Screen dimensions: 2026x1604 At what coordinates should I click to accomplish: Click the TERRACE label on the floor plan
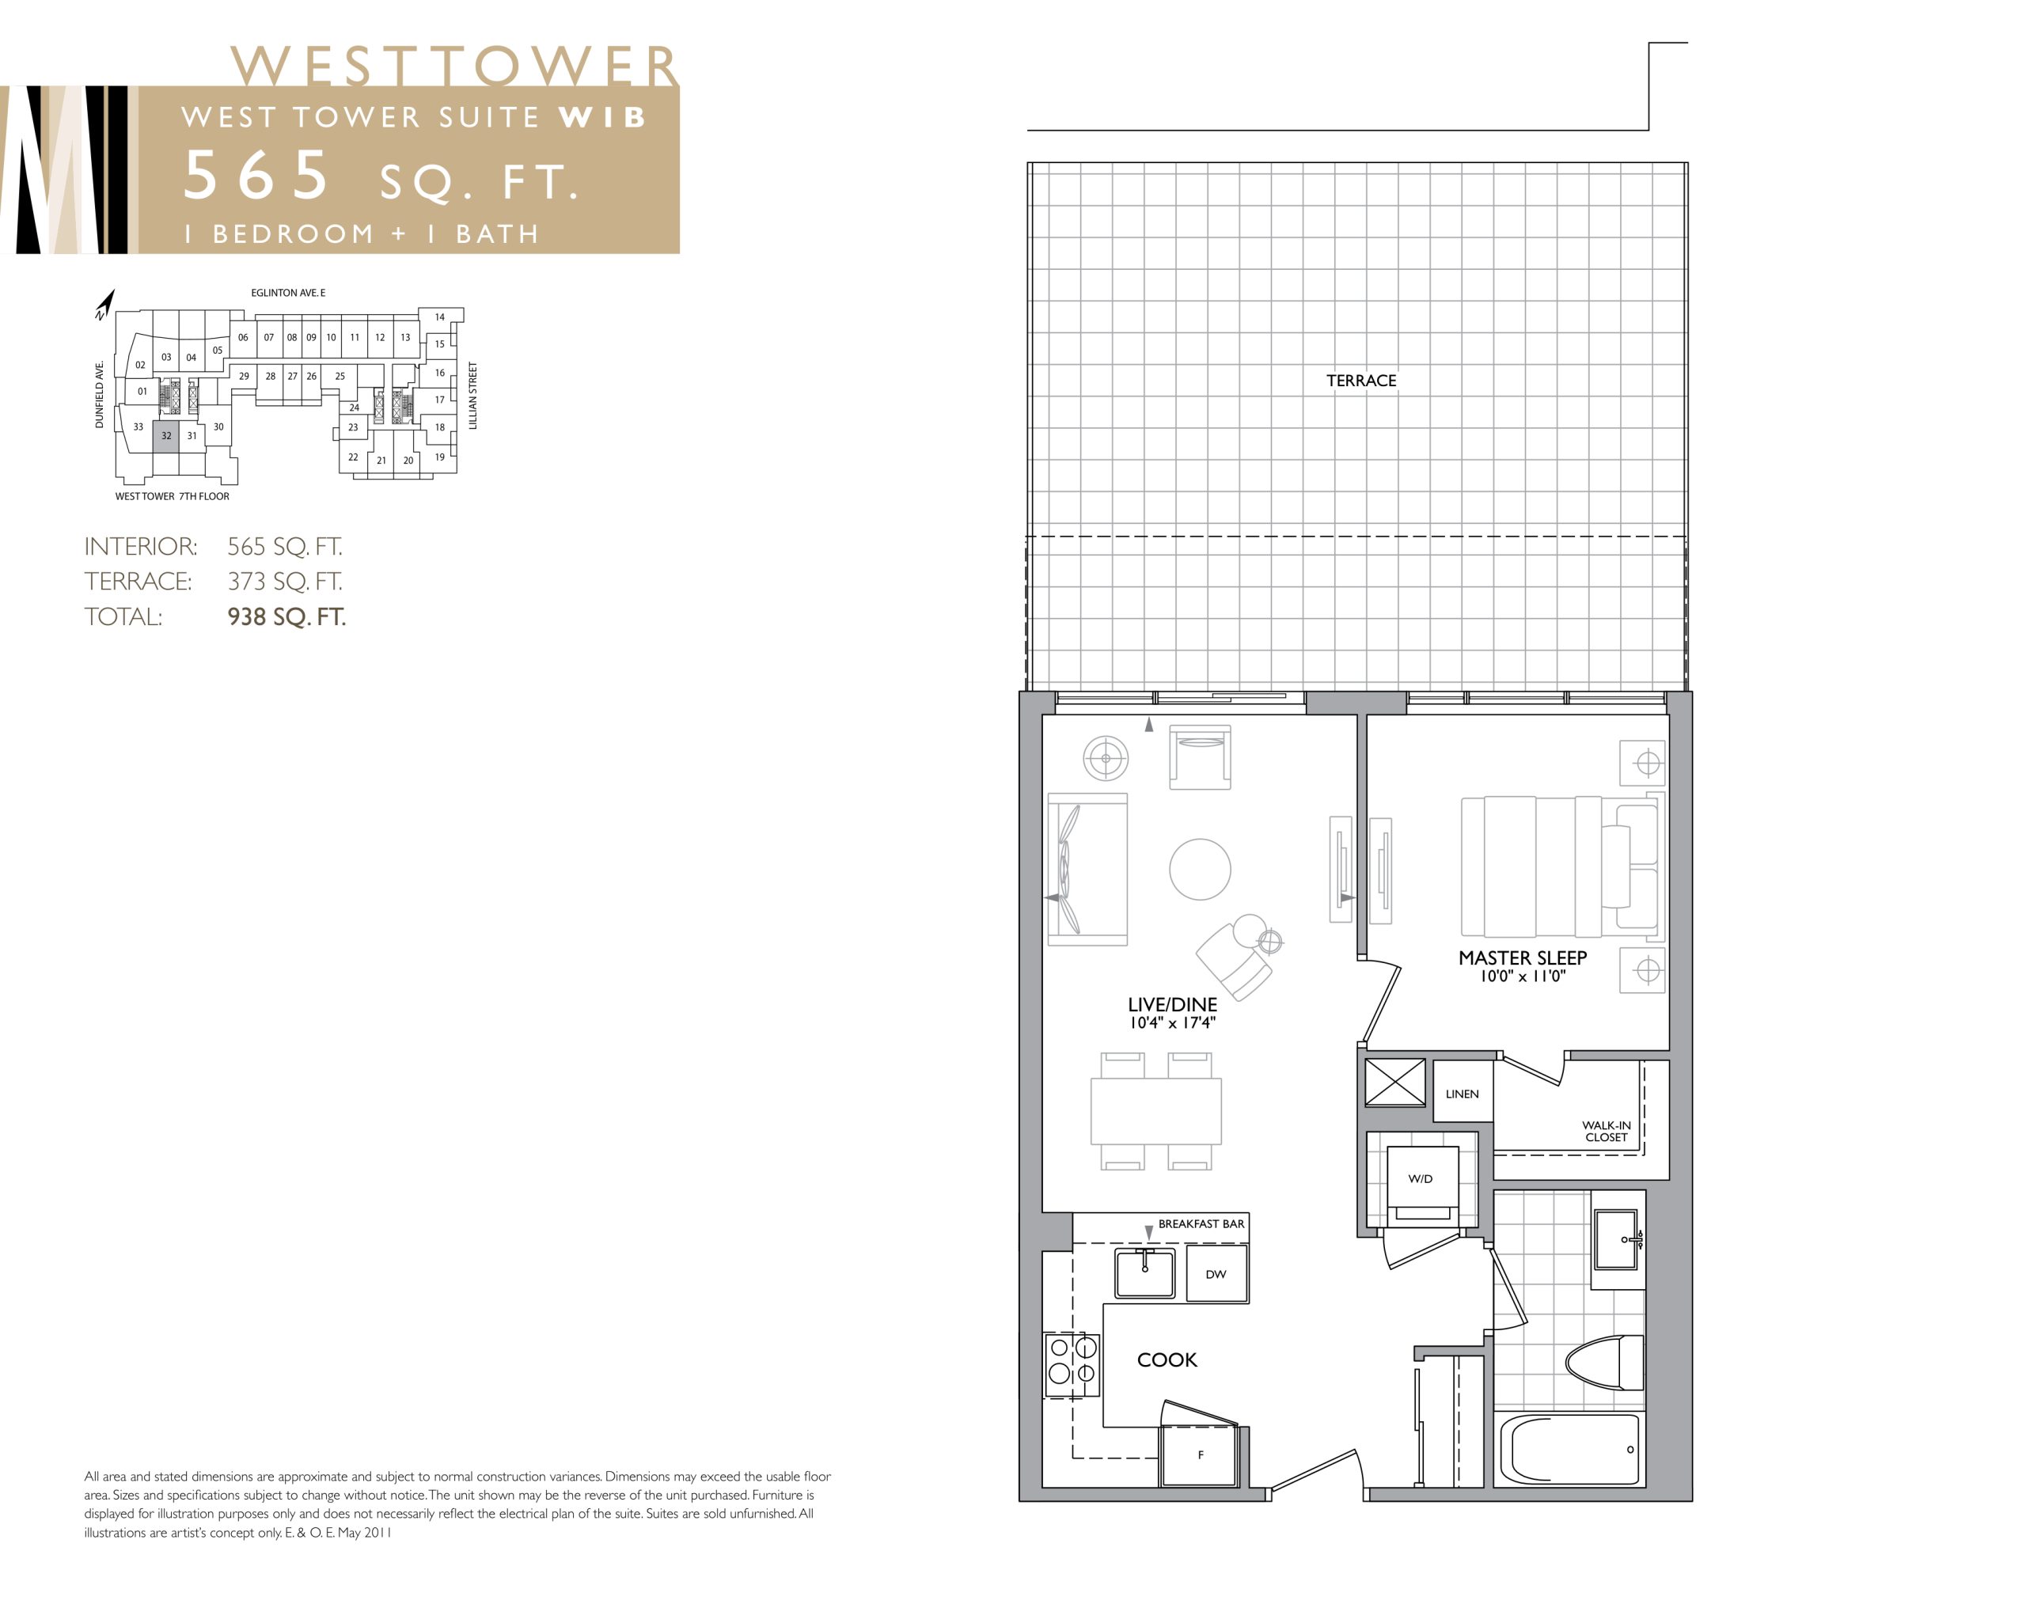1360,381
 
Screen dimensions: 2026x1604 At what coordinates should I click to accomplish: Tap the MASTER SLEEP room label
1522,958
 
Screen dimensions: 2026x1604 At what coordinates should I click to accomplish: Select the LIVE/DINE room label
1171,1005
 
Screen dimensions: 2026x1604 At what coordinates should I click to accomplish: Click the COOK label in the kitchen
1167,1359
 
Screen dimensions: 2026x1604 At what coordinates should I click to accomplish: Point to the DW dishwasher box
1216,1273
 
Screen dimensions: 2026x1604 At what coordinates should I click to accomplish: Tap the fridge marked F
1200,1454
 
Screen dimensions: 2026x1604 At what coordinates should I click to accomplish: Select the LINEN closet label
1462,1094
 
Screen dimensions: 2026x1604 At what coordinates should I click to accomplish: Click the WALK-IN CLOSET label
1606,1131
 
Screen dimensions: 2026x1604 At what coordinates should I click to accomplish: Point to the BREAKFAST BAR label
1201,1223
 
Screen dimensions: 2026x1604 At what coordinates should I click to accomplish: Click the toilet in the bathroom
1604,1363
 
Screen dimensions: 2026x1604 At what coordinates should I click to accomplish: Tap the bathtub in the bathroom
1569,1449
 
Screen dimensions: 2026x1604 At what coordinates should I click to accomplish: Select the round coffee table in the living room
1200,869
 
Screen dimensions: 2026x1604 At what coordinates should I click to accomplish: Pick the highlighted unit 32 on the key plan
165,436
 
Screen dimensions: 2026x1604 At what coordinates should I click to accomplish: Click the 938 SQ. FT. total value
286,617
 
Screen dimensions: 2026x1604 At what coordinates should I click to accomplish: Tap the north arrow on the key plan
105,305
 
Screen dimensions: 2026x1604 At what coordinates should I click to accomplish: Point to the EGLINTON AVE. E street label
288,293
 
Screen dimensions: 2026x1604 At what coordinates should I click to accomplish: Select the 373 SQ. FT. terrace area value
285,582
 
